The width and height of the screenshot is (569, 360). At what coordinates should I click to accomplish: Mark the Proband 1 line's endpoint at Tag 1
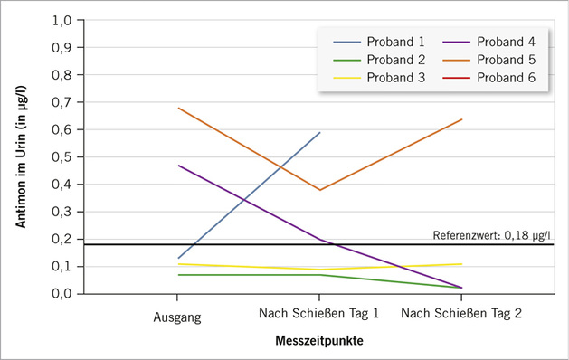[319, 132]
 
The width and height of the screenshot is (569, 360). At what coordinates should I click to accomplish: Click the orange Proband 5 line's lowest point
[319, 190]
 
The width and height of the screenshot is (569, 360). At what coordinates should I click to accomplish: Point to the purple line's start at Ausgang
[177, 166]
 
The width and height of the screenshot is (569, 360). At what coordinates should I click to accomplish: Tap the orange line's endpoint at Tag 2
[462, 119]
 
